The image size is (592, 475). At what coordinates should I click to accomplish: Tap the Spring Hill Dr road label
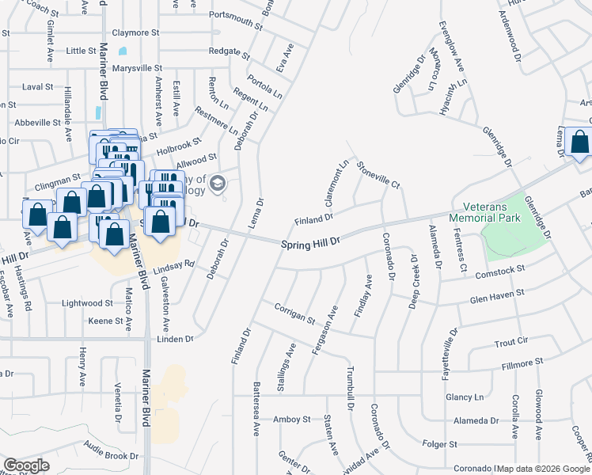(310, 242)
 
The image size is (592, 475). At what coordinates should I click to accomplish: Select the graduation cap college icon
(218, 184)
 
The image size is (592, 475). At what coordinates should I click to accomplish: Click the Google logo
(26, 465)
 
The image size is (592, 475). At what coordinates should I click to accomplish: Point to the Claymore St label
(136, 33)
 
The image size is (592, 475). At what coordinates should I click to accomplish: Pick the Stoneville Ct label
(378, 175)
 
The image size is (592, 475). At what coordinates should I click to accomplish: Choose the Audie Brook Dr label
(111, 456)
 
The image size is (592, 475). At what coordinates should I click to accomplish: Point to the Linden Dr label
(176, 339)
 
